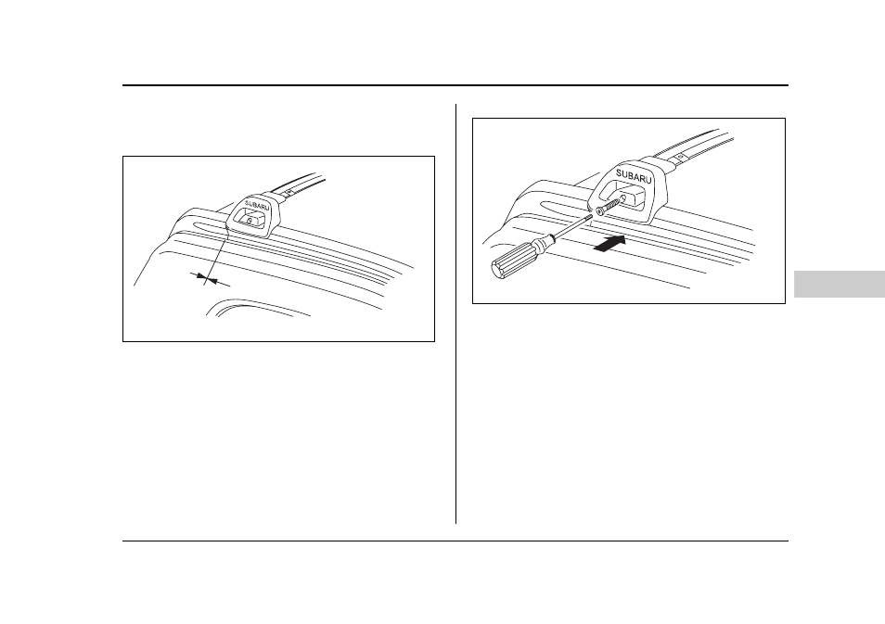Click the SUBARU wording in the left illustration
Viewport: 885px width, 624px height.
257,205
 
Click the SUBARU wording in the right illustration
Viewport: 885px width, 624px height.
634,175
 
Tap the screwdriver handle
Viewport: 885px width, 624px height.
514,260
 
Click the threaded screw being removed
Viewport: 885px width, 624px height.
607,205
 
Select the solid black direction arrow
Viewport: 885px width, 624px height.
610,244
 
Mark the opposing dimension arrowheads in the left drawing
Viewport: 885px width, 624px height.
204,277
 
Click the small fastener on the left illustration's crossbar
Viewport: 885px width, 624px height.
288,192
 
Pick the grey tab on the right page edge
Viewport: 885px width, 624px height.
840,284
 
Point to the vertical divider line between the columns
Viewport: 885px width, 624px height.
455,313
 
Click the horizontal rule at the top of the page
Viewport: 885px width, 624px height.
455,85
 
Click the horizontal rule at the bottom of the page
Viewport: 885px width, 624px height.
455,541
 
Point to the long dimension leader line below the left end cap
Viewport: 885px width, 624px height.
215,257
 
